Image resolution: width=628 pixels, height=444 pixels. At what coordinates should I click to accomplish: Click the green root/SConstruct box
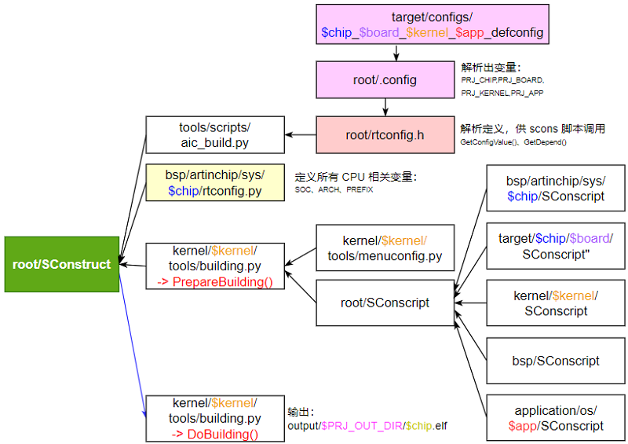click(61, 264)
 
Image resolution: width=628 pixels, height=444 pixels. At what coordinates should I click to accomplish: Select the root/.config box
click(385, 80)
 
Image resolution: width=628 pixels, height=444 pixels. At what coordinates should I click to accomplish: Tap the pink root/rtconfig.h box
click(385, 134)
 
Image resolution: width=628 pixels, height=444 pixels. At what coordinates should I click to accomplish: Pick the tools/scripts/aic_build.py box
click(214, 134)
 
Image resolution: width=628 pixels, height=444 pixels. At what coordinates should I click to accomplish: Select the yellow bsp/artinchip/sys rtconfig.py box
click(214, 182)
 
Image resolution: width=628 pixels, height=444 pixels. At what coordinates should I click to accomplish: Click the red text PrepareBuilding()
click(214, 282)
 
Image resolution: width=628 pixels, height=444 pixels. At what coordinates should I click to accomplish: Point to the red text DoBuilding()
click(214, 434)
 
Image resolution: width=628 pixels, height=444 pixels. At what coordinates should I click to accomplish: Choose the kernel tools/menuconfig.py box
click(385, 248)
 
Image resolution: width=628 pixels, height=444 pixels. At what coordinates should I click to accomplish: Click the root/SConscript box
click(385, 303)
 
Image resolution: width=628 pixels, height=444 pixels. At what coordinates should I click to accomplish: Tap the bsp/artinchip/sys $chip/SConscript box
click(556, 189)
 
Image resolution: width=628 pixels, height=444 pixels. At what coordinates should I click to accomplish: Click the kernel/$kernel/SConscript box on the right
click(556, 303)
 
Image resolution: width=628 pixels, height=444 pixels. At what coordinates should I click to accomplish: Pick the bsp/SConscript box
click(556, 361)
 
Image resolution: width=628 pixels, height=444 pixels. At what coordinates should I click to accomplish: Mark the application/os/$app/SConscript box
click(556, 418)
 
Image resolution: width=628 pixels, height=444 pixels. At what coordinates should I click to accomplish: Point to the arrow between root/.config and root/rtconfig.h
click(385, 107)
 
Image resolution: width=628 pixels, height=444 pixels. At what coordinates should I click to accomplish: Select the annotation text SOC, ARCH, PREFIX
click(334, 190)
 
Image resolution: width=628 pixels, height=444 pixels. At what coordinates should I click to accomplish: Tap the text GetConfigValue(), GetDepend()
click(513, 142)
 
